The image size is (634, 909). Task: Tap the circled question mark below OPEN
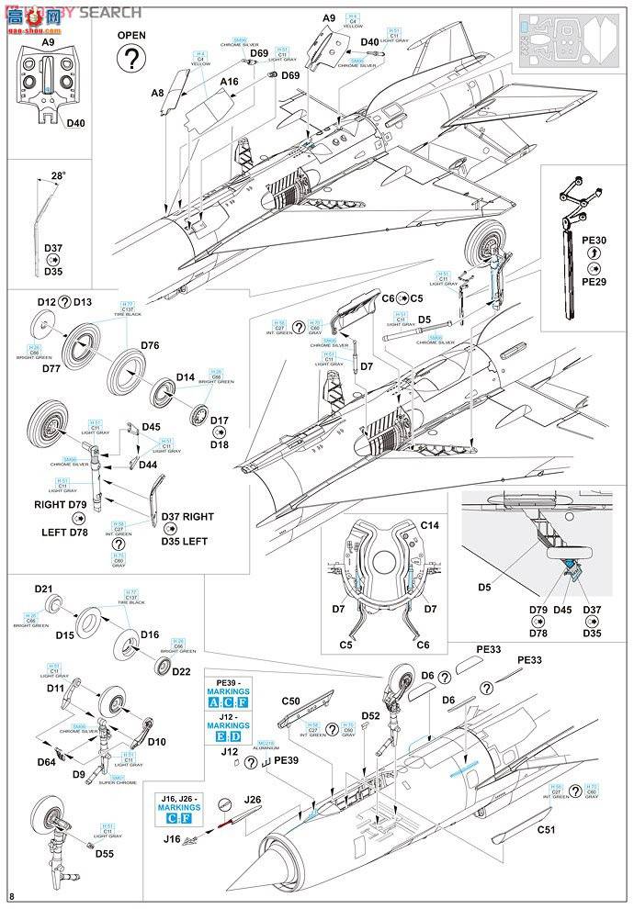coord(132,60)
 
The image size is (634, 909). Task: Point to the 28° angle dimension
coord(59,175)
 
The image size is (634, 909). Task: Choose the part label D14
coord(187,377)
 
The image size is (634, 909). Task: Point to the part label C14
coord(431,524)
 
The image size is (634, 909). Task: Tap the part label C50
coord(291,701)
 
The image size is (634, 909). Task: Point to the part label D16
coord(150,634)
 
